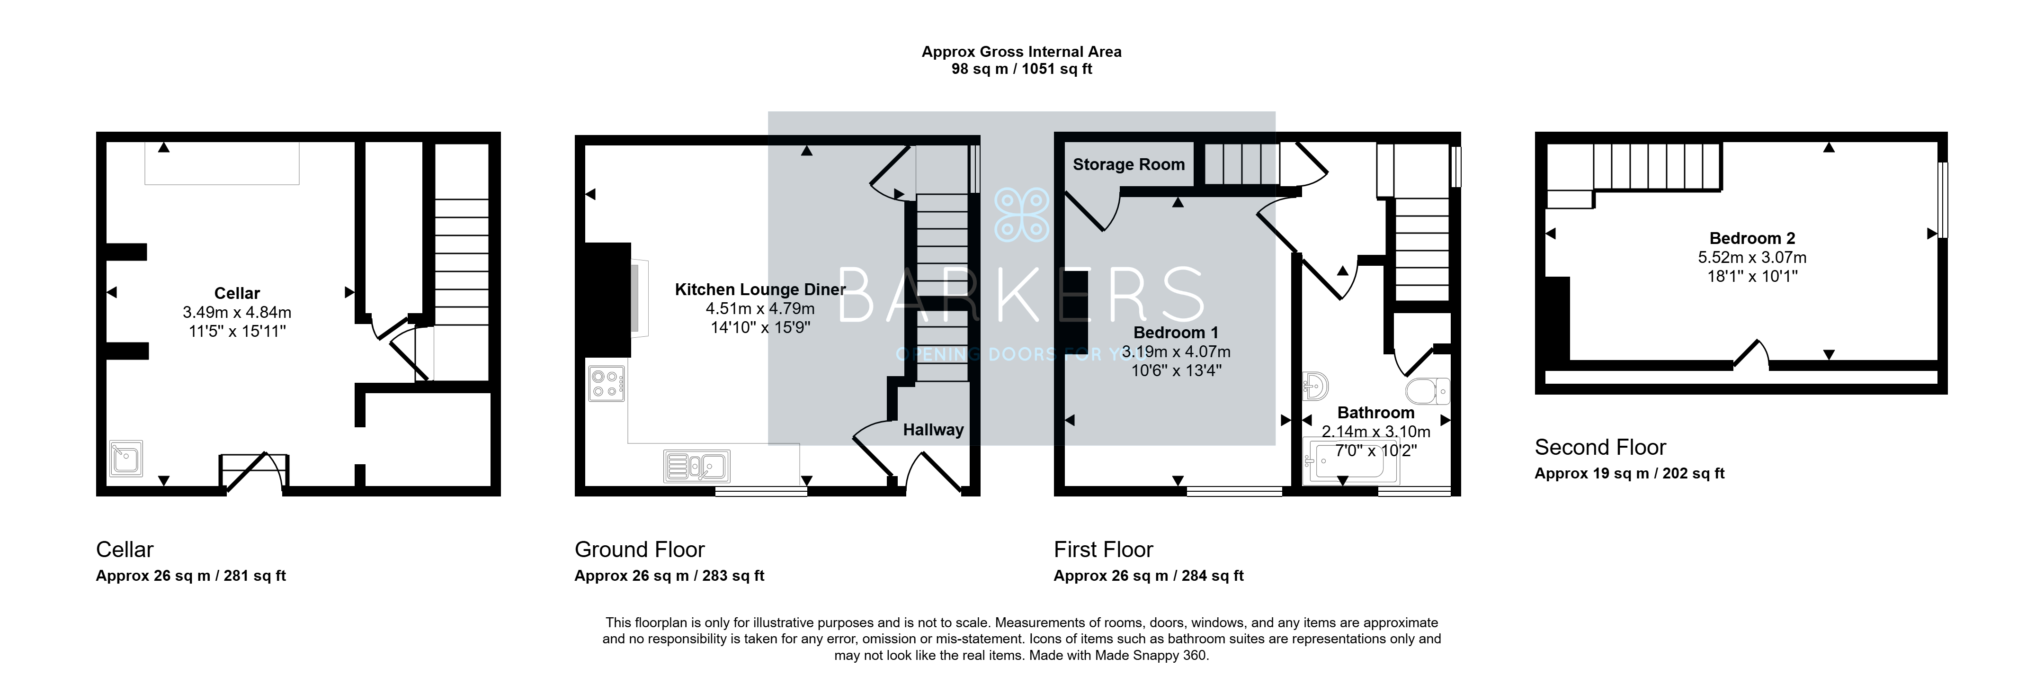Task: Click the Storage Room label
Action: pyautogui.click(x=1128, y=164)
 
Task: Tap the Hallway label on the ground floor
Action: pyautogui.click(x=933, y=429)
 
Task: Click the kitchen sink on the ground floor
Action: pyautogui.click(x=696, y=466)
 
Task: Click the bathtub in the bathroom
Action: pyautogui.click(x=1352, y=461)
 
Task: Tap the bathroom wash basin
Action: pyautogui.click(x=1316, y=386)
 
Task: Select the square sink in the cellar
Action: pyautogui.click(x=126, y=458)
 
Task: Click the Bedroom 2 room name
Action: pyautogui.click(x=1752, y=238)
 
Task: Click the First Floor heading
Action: pyautogui.click(x=1103, y=549)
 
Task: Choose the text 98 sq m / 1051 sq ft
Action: pyautogui.click(x=1021, y=69)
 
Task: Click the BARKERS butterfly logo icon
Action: pyautogui.click(x=1021, y=214)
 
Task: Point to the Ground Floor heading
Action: pyautogui.click(x=640, y=549)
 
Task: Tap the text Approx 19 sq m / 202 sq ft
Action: pyautogui.click(x=1630, y=474)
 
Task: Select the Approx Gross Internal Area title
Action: pyautogui.click(x=1021, y=52)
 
